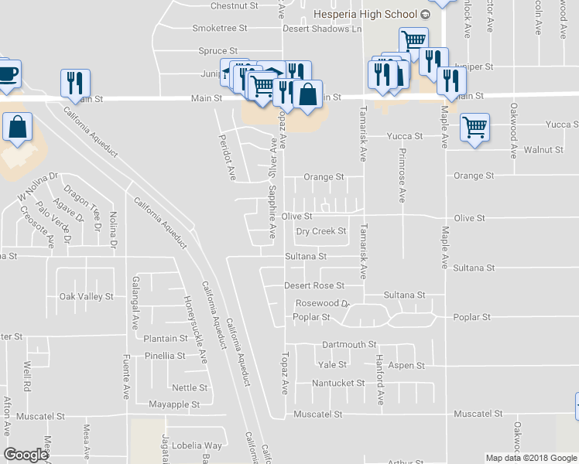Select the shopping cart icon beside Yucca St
pyautogui.click(x=475, y=127)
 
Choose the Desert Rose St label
pyautogui.click(x=313, y=286)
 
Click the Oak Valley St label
pyautogui.click(x=86, y=296)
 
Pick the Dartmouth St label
pyautogui.click(x=348, y=344)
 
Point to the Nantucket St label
pyautogui.click(x=337, y=384)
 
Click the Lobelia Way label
pyautogui.click(x=197, y=445)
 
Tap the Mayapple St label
pyautogui.click(x=174, y=404)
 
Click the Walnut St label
pyautogui.click(x=543, y=150)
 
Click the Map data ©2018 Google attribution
pyautogui.click(x=530, y=458)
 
